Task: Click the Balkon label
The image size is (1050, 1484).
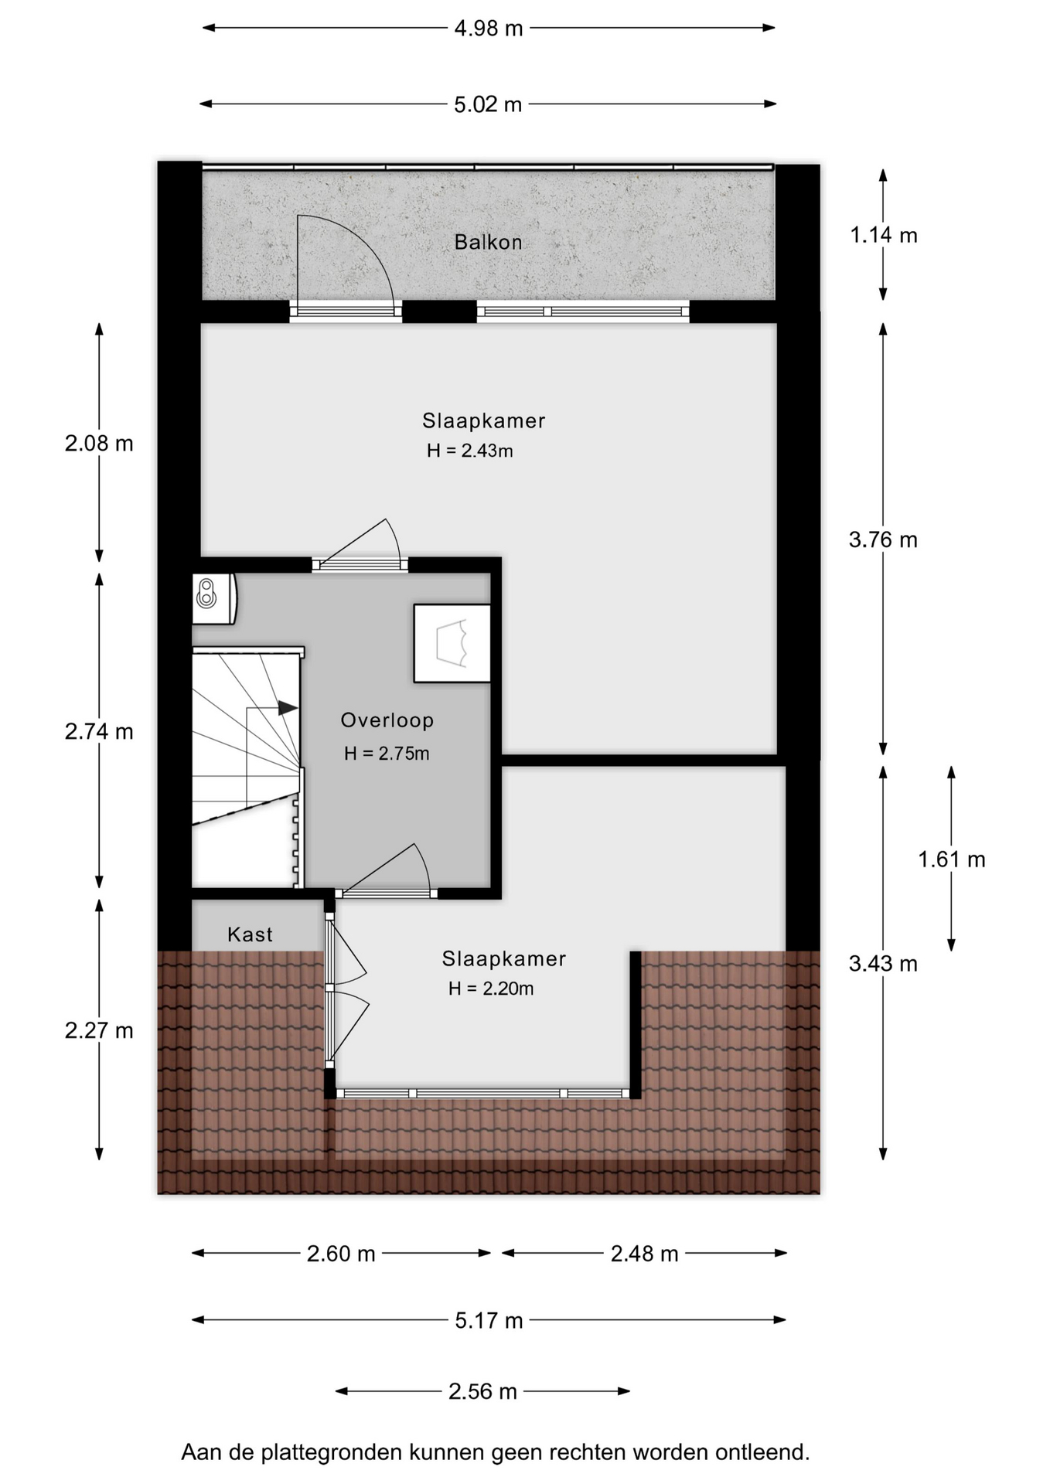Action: pyautogui.click(x=488, y=243)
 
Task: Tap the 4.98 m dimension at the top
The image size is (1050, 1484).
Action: pyautogui.click(x=489, y=29)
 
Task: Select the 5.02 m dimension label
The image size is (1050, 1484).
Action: pyautogui.click(x=488, y=104)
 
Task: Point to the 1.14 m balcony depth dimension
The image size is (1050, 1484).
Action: pyautogui.click(x=884, y=235)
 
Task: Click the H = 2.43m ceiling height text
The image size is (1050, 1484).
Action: pyautogui.click(x=470, y=451)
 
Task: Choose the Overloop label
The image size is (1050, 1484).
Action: pyautogui.click(x=387, y=720)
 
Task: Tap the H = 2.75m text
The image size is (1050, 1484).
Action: pyautogui.click(x=387, y=754)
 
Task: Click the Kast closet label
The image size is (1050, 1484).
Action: pyautogui.click(x=250, y=934)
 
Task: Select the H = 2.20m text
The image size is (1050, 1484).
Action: pyautogui.click(x=491, y=989)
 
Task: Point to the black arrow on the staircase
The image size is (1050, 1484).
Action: pyautogui.click(x=288, y=708)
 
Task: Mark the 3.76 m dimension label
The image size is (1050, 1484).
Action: pyautogui.click(x=883, y=539)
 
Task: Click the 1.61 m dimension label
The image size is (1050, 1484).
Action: pyautogui.click(x=952, y=859)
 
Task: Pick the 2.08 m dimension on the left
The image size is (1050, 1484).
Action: pyautogui.click(x=99, y=444)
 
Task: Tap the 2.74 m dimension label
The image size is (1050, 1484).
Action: pyautogui.click(x=99, y=731)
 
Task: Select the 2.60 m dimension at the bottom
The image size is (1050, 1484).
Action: pyautogui.click(x=341, y=1254)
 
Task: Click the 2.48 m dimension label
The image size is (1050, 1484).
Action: pyautogui.click(x=645, y=1254)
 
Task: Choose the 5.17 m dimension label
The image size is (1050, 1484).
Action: pyautogui.click(x=489, y=1320)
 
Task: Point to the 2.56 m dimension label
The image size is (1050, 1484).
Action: pyautogui.click(x=482, y=1392)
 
